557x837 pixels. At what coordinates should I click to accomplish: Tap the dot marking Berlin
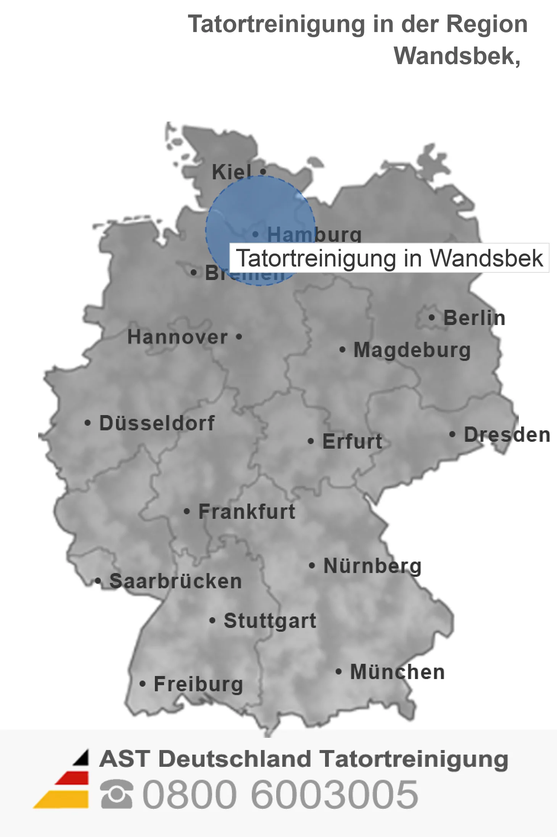point(431,317)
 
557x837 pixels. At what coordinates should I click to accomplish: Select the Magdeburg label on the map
point(412,350)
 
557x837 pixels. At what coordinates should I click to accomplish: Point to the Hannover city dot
point(239,337)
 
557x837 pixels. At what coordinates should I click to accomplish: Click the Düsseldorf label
point(157,423)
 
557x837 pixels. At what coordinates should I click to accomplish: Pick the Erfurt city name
point(352,441)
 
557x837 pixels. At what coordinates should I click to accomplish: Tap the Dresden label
point(507,435)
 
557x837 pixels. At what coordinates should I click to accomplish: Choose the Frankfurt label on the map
point(247,512)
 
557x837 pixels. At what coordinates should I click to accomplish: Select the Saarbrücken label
point(175,581)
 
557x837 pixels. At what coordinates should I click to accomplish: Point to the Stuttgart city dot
point(212,621)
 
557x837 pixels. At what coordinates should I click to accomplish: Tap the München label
point(398,672)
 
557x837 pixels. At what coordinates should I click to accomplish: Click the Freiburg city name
point(198,684)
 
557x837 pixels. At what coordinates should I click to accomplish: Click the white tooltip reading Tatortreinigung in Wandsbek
point(389,258)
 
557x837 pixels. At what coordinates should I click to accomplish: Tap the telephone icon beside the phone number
point(116,794)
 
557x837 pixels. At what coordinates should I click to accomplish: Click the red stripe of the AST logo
point(72,778)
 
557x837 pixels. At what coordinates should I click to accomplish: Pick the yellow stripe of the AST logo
point(63,800)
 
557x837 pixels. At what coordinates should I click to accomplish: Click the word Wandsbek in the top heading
point(456,56)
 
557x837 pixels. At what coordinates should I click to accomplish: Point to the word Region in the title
point(487,24)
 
